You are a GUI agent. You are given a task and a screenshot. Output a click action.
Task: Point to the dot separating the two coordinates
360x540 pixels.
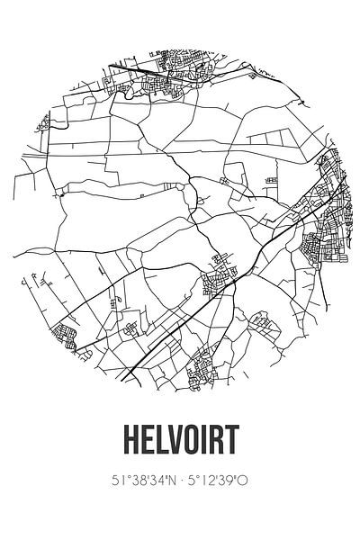(x=184, y=482)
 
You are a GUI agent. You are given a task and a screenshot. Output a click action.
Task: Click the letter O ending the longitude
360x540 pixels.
(x=244, y=482)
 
